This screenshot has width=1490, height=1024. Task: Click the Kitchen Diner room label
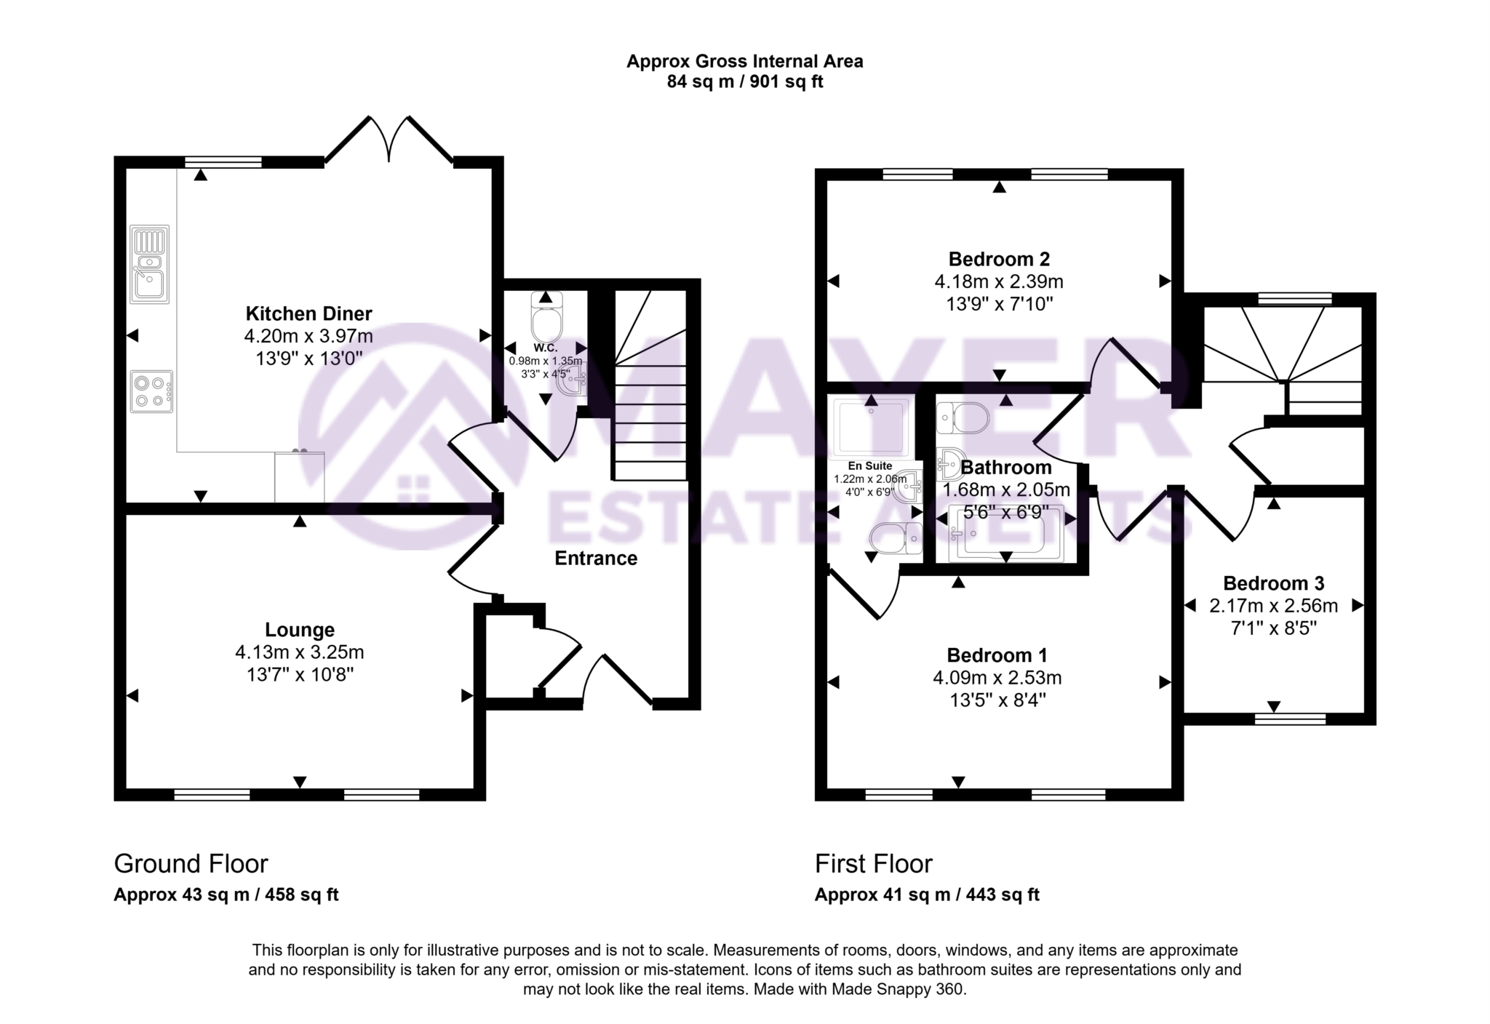pyautogui.click(x=308, y=314)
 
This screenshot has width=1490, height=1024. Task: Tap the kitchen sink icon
pyautogui.click(x=149, y=264)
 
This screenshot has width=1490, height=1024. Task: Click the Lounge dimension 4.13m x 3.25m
pyautogui.click(x=299, y=652)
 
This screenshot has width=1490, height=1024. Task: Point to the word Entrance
pyautogui.click(x=596, y=559)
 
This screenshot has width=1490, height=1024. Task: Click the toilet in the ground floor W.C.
pyautogui.click(x=547, y=320)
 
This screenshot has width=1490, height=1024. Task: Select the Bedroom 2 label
pyautogui.click(x=999, y=259)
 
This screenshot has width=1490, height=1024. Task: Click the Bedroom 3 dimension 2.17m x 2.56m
pyautogui.click(x=1273, y=606)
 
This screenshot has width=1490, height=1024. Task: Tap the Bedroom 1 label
pyautogui.click(x=997, y=655)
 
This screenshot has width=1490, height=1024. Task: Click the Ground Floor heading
pyautogui.click(x=191, y=864)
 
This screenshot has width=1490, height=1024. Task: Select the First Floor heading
pyautogui.click(x=873, y=864)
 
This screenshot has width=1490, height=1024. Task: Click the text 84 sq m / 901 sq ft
pyautogui.click(x=744, y=82)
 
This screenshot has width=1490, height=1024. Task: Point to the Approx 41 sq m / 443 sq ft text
pyautogui.click(x=926, y=895)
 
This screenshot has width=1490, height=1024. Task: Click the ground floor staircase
pyautogui.click(x=650, y=407)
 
